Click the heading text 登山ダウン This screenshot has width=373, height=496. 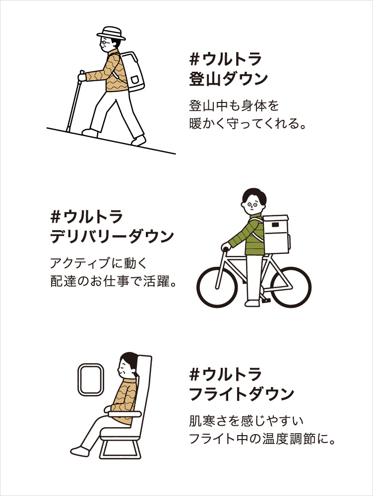(x=228, y=79)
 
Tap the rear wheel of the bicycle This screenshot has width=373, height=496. (x=290, y=286)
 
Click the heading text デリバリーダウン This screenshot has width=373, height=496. (x=112, y=236)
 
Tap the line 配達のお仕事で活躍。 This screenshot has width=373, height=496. (x=114, y=281)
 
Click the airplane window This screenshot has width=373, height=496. (x=91, y=380)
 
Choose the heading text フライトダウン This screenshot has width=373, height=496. (x=242, y=394)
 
